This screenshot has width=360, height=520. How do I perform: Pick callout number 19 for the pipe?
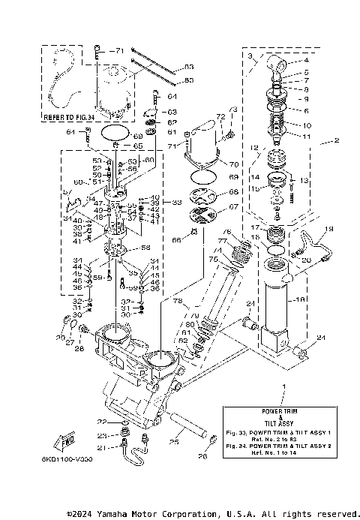[x=328, y=228]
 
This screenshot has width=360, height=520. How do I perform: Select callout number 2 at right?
[x=336, y=140]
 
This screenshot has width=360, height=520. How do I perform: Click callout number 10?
[x=306, y=124]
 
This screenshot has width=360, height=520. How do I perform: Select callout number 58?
[x=145, y=247]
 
